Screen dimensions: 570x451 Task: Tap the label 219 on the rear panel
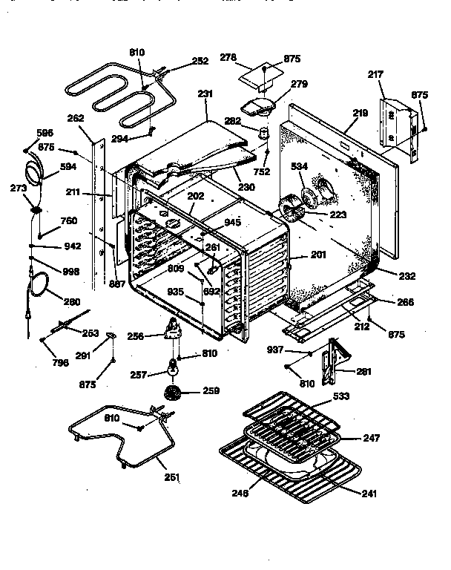(360, 113)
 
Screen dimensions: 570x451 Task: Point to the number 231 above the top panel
(205, 94)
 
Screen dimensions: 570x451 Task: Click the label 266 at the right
(405, 303)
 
